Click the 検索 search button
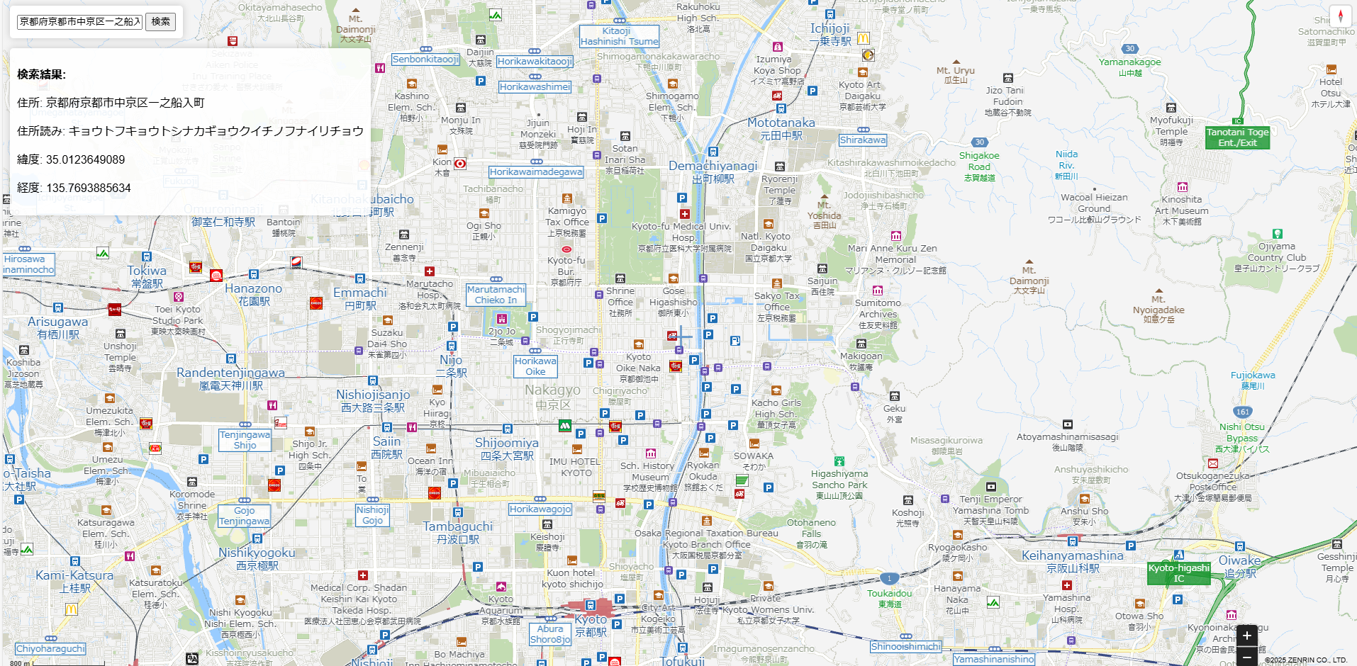(161, 21)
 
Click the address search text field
(80, 21)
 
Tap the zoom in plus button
(1247, 636)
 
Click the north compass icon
(1340, 16)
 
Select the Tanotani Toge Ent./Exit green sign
(1237, 137)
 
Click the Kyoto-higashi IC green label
(1178, 573)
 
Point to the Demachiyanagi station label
(713, 171)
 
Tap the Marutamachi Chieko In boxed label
(496, 295)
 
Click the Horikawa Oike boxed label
(535, 366)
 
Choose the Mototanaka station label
(781, 128)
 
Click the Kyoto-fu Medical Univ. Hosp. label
(681, 232)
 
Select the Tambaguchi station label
(457, 532)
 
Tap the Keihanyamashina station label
(1072, 561)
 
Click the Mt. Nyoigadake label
(1158, 310)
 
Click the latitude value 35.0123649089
(85, 159)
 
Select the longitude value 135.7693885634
(88, 188)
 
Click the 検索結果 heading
(41, 74)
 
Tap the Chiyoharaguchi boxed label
(50, 648)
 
